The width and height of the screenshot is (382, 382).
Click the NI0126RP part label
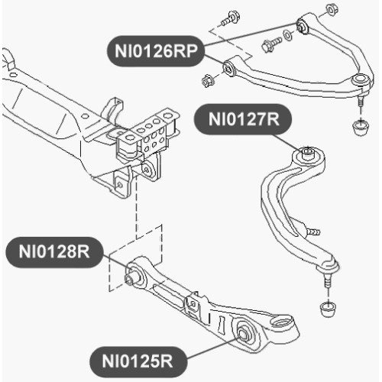coord(156,51)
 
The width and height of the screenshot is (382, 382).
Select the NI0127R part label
coord(244,119)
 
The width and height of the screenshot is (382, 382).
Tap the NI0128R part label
coord(54,252)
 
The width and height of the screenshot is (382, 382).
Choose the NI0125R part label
coord(138,361)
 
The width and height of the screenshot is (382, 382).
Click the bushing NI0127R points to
coord(308,154)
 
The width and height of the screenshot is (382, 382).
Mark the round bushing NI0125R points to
coord(245,333)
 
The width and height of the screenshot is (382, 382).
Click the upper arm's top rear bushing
coord(303,27)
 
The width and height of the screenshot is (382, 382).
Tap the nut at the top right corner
coord(332,11)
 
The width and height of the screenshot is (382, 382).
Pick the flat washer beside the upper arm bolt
coord(287,35)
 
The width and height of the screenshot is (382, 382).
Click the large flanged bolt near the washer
coord(271,44)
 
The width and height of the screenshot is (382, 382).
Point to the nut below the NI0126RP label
coord(208,80)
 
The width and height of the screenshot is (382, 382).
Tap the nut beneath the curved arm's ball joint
coord(328,309)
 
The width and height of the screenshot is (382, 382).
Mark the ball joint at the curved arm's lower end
coord(329,266)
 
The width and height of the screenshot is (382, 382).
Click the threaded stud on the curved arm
coord(313,232)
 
